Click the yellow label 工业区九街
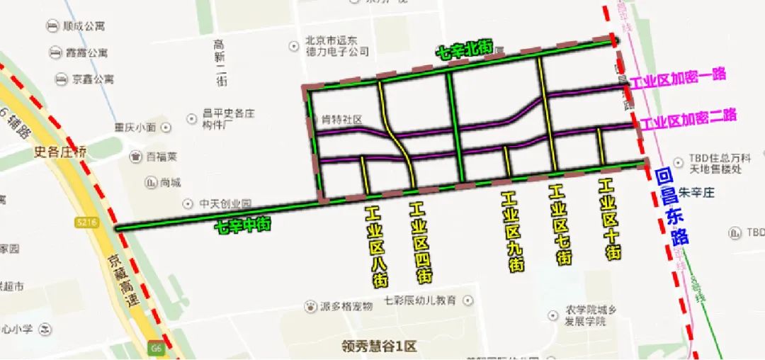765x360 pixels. (x=514, y=231)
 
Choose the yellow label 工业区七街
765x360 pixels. (x=561, y=225)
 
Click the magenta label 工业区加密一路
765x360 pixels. (x=678, y=79)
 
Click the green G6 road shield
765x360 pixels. (x=156, y=349)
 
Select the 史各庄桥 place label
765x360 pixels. (x=60, y=151)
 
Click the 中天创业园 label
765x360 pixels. (x=225, y=203)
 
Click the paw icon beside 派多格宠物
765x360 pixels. (x=310, y=307)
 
